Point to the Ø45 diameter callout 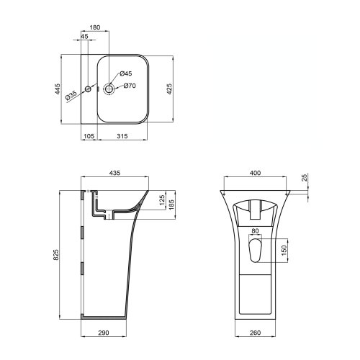click(125, 73)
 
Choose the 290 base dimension click(104, 333)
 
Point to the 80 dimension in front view click(256, 231)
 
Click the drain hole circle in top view click(110, 89)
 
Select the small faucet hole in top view click(88, 89)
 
